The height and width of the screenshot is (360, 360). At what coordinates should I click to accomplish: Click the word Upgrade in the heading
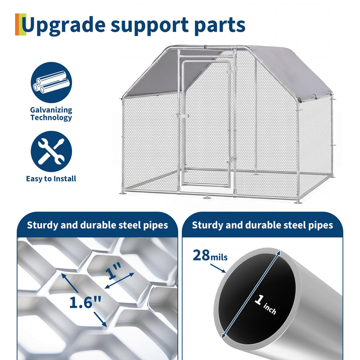click(x=64, y=25)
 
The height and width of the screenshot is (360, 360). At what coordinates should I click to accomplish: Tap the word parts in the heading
click(x=220, y=25)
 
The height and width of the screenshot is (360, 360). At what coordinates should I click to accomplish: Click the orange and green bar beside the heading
click(x=20, y=24)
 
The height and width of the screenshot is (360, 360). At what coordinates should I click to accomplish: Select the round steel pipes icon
click(x=51, y=82)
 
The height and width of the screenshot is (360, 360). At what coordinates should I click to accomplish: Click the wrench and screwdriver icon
click(x=51, y=151)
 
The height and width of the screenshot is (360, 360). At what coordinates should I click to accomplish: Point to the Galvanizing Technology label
click(x=51, y=114)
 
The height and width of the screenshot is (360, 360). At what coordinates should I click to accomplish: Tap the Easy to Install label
click(x=51, y=179)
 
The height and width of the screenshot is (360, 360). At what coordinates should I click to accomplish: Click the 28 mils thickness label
click(x=210, y=255)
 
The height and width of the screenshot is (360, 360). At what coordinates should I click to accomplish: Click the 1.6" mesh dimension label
click(x=85, y=302)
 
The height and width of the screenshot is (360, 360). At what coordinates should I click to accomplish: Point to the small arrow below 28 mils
click(x=218, y=268)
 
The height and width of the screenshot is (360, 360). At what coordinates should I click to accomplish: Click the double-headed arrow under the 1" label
click(x=120, y=281)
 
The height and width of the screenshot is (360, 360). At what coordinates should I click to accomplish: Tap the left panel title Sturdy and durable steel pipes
click(x=98, y=225)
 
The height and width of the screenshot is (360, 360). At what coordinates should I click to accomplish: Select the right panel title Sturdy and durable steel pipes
click(x=262, y=225)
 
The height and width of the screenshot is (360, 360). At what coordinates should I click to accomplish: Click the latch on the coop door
click(x=181, y=116)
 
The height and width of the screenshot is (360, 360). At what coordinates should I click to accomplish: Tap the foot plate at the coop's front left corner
click(x=123, y=193)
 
